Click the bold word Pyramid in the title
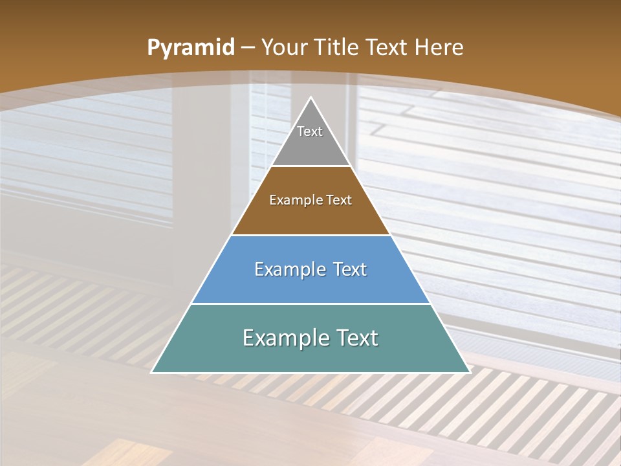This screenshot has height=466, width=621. pyautogui.click(x=190, y=48)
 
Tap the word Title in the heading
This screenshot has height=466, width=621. pyautogui.click(x=336, y=48)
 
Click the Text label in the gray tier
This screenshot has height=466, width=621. pyautogui.click(x=310, y=131)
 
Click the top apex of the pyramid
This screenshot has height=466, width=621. pyautogui.click(x=311, y=98)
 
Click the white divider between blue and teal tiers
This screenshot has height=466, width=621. pyautogui.click(x=311, y=304)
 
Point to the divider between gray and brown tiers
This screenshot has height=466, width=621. pyautogui.click(x=311, y=166)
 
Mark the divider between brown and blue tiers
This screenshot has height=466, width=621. pyautogui.click(x=311, y=235)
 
